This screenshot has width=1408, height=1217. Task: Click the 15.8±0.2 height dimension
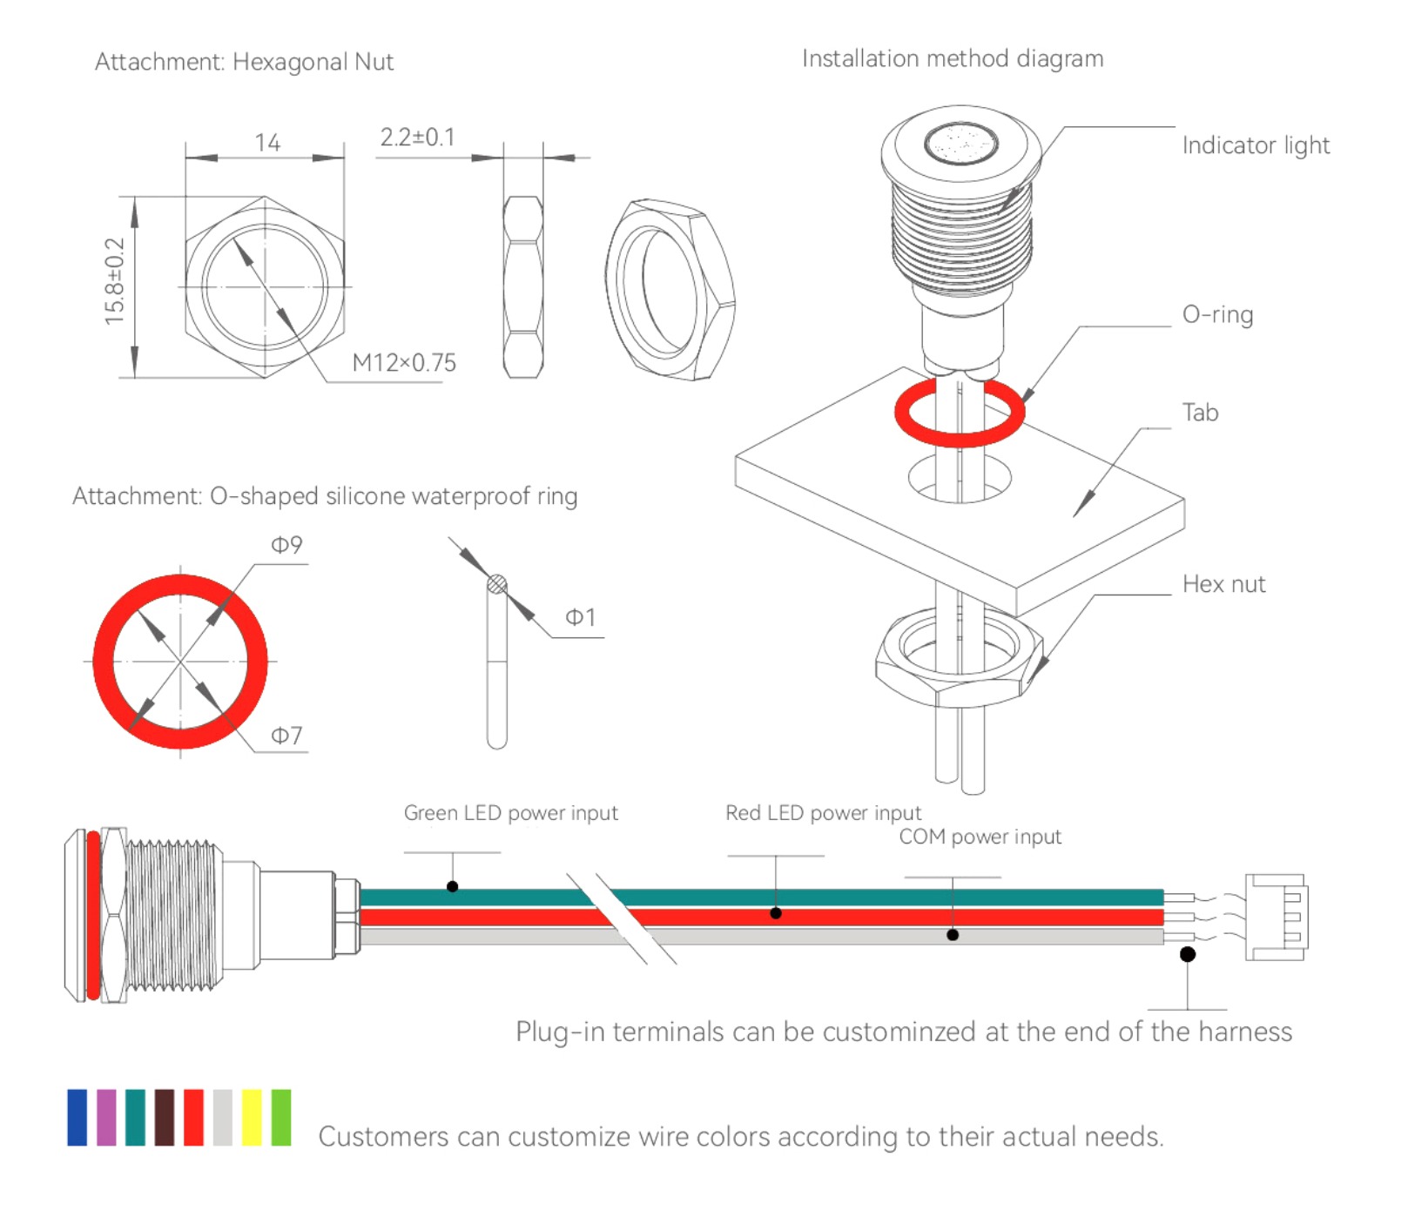coord(115,281)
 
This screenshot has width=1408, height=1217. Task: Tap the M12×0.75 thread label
coord(404,362)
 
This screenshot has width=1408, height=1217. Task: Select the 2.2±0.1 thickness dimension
coord(417,138)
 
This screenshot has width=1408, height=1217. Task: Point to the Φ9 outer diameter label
coord(286,545)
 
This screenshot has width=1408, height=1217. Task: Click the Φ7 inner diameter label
coord(286,736)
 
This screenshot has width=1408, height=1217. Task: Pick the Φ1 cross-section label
coord(581,617)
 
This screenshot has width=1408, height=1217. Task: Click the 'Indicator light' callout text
coord(1255,145)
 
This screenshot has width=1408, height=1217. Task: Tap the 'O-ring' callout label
coord(1217,314)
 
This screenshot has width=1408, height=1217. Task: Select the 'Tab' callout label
coord(1200,413)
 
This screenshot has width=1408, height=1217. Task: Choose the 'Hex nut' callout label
coord(1223,584)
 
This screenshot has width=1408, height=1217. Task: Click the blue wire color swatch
coord(77,1117)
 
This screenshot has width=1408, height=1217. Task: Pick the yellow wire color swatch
coord(252,1117)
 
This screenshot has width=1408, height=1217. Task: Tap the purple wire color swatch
coord(106,1117)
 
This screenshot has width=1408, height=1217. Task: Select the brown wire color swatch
coord(165,1117)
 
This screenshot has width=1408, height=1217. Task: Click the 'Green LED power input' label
coord(510,813)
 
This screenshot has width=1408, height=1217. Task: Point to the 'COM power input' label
coord(980,837)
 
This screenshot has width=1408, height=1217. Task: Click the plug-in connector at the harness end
coord(1276,917)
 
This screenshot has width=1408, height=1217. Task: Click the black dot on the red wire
coord(776,913)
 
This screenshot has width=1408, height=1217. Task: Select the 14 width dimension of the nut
coord(267,143)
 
